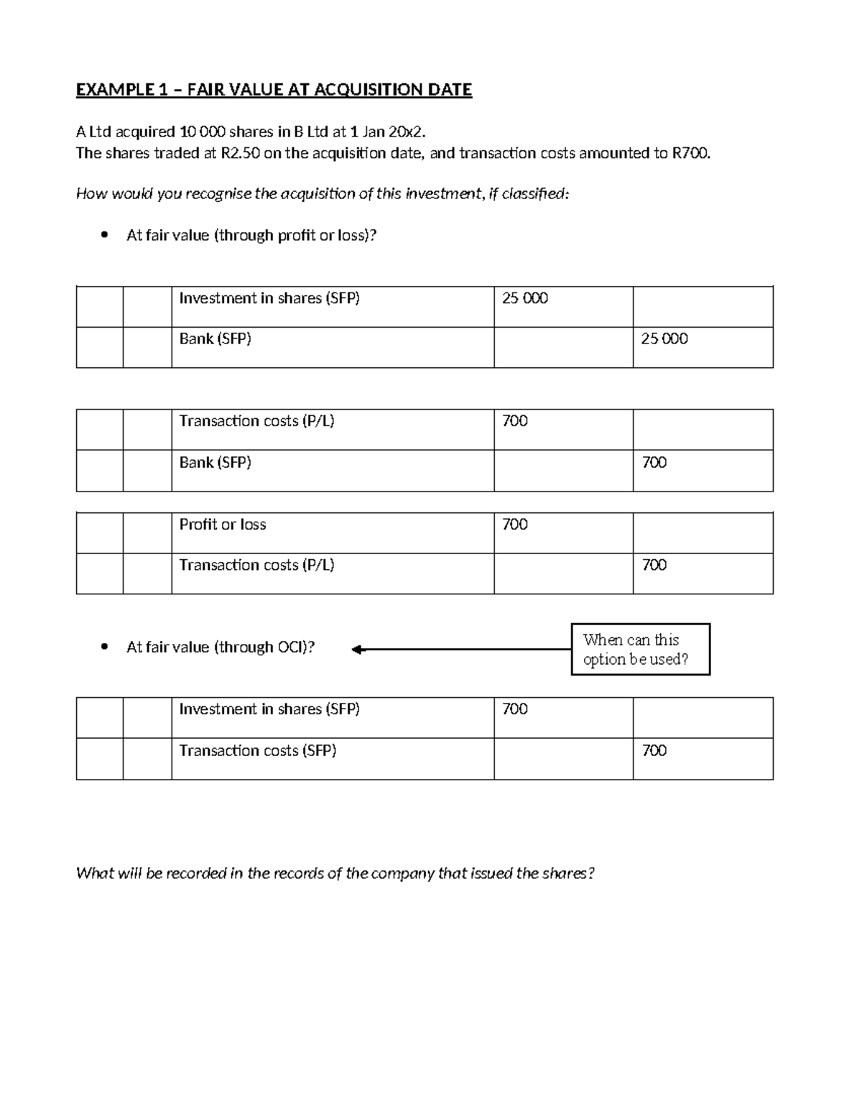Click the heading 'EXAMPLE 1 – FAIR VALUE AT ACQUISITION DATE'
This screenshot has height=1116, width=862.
(x=274, y=90)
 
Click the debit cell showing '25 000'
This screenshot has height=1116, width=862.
(x=524, y=298)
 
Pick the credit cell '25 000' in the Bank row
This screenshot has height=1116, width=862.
(x=664, y=339)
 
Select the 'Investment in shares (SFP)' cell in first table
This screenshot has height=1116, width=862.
(x=269, y=298)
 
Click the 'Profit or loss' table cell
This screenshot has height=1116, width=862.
(x=223, y=525)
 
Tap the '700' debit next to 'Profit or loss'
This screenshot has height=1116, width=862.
(x=515, y=525)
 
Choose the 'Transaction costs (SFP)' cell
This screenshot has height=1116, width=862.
(x=258, y=751)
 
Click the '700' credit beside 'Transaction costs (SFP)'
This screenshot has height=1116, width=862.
(x=654, y=751)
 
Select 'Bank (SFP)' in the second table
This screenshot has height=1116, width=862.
(x=215, y=463)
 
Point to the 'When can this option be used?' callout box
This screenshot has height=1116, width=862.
(x=640, y=650)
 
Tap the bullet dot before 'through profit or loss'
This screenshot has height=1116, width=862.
(x=106, y=235)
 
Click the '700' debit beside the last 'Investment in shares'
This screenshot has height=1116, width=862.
(x=515, y=709)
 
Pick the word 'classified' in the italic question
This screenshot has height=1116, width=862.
(x=531, y=194)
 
